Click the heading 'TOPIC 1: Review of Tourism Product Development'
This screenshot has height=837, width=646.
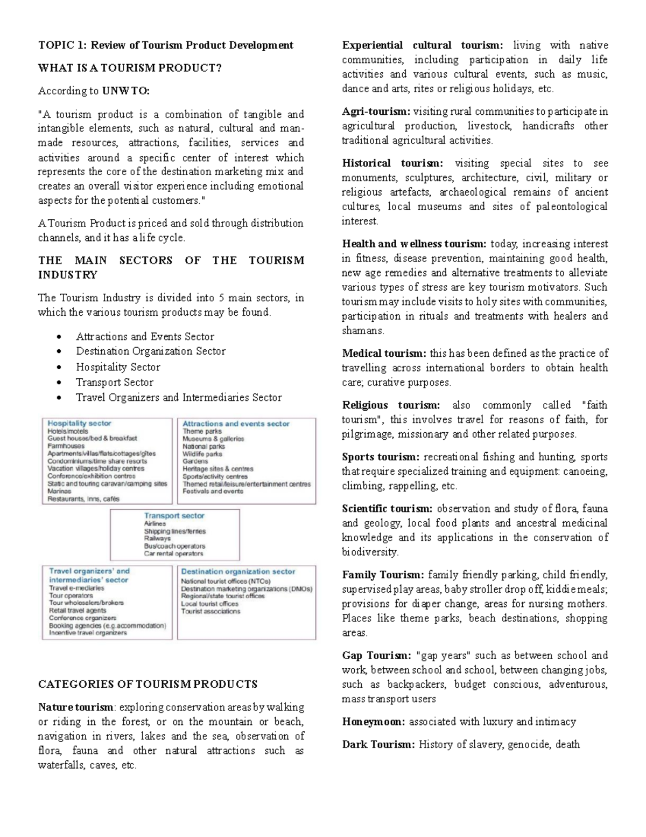[x=165, y=45]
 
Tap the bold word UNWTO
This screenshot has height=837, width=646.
[x=125, y=91]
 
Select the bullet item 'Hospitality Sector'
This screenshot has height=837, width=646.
[x=118, y=367]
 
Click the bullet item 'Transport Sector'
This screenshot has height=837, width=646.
[x=115, y=383]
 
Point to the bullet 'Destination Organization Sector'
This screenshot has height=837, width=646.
[x=151, y=351]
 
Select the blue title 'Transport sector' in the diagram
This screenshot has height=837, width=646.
[x=174, y=516]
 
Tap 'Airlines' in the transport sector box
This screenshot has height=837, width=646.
[x=155, y=524]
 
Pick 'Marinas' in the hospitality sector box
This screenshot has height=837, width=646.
[x=59, y=492]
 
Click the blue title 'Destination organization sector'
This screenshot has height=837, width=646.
[x=238, y=571]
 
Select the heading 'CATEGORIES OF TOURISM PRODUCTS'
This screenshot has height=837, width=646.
[x=148, y=684]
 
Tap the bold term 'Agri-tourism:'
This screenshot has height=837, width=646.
[x=376, y=112]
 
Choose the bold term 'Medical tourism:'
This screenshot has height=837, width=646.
[x=384, y=354]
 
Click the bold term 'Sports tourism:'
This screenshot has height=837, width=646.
[x=380, y=457]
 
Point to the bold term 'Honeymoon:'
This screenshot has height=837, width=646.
[x=374, y=722]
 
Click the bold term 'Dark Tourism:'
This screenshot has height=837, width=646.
[x=378, y=745]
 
